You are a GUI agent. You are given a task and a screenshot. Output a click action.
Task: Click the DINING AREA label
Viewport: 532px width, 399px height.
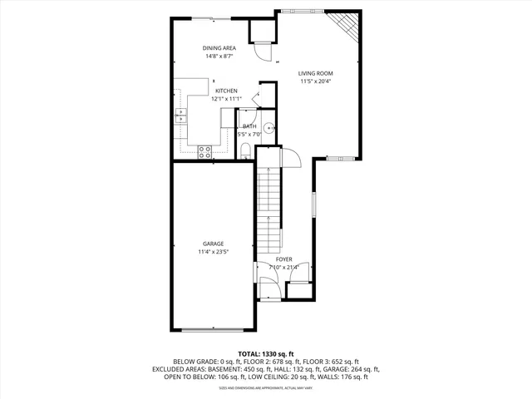point(219,48)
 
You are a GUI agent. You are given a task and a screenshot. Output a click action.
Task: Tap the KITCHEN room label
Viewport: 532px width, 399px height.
point(226,91)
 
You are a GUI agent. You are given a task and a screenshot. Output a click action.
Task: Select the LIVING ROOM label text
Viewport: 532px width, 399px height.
point(316,73)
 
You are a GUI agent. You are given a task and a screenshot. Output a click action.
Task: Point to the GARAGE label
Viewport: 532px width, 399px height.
point(213,244)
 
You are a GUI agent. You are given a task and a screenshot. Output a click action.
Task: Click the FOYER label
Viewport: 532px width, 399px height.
point(285,259)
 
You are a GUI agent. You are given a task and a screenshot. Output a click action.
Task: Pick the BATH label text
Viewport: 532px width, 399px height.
point(249,126)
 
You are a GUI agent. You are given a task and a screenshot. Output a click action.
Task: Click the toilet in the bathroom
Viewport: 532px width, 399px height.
point(247,150)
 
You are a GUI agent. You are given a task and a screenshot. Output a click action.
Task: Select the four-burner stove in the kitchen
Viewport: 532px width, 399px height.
point(204,150)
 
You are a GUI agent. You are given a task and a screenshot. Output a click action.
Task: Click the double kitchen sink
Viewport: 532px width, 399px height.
point(180,117)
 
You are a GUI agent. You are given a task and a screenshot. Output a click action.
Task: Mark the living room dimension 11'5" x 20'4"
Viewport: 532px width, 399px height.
point(316,81)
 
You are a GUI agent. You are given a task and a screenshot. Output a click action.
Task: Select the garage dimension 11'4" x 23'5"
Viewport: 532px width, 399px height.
point(213,252)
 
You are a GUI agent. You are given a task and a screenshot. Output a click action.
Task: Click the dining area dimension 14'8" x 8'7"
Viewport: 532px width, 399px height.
point(219,57)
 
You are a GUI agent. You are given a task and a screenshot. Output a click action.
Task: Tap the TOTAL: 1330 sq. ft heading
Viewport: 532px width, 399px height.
point(266,353)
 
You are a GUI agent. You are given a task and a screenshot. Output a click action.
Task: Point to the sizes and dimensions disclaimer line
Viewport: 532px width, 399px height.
point(266,387)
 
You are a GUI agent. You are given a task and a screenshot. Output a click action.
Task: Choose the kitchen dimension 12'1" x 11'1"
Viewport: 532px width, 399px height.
point(226,99)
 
